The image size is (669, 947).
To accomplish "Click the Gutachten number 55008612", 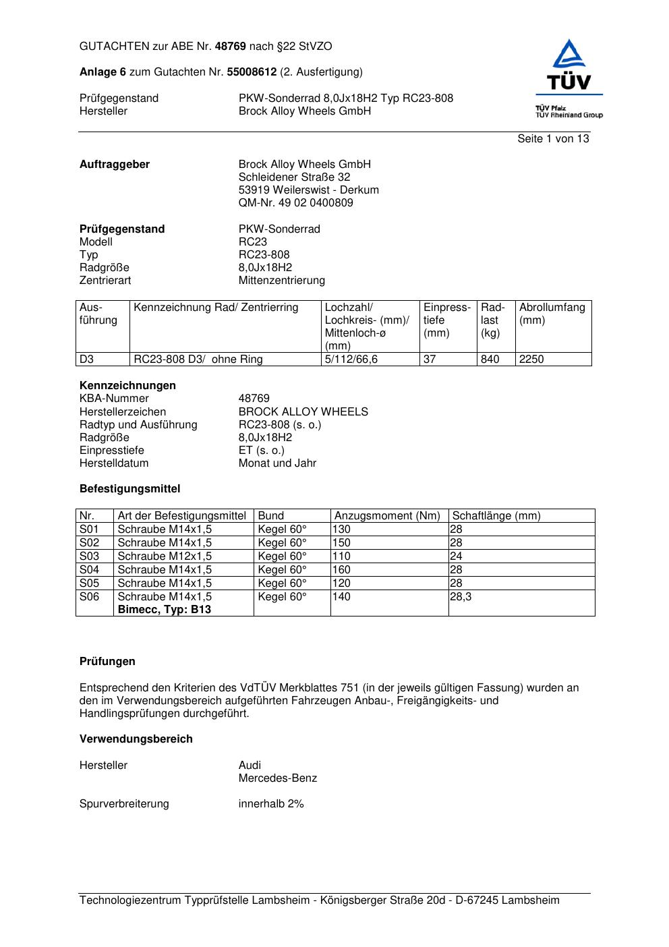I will click(x=252, y=72).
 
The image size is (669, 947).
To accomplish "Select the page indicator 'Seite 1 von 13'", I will click(x=553, y=139).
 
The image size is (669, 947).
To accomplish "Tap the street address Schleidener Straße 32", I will click(x=294, y=177).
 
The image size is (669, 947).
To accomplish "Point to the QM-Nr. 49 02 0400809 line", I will click(x=295, y=203).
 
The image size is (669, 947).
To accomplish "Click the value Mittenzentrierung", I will click(x=281, y=281).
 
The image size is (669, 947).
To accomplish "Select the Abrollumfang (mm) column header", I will click(x=552, y=314).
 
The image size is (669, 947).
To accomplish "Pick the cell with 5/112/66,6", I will click(x=351, y=360).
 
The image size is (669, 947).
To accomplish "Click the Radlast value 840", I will click(x=490, y=360).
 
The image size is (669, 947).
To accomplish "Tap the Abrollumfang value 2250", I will click(x=531, y=360).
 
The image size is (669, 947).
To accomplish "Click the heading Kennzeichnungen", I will click(x=127, y=386).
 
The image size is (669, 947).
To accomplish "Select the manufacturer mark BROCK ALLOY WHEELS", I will click(x=303, y=412).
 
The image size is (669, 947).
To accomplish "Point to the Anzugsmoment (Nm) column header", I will click(x=387, y=516).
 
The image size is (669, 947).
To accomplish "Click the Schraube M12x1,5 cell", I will click(x=165, y=556).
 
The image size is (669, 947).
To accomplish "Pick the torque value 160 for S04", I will click(x=341, y=570).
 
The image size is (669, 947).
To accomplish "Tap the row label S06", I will click(x=89, y=597).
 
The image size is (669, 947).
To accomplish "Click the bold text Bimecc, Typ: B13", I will click(x=164, y=610).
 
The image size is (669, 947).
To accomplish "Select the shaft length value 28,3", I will click(x=461, y=597).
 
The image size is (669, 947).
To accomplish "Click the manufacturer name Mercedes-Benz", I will click(x=277, y=778).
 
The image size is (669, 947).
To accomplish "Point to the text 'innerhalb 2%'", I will click(x=271, y=804).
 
